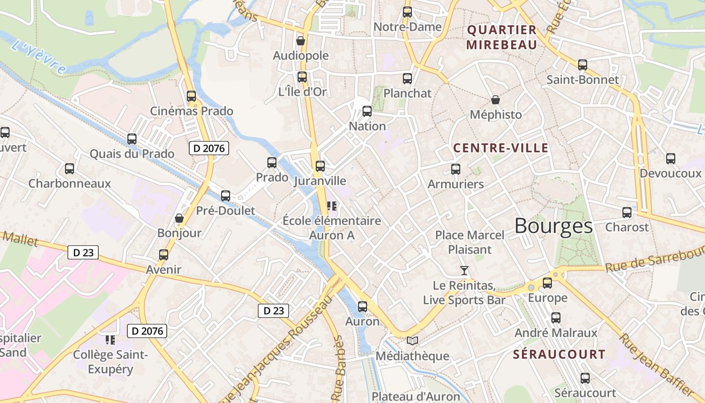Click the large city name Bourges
pos(553,226)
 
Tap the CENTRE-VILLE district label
pos(501,148)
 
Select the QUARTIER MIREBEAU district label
pos(502,37)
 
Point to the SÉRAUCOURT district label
pos(559,354)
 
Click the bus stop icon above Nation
pos(367,111)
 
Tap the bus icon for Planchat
pos(407,79)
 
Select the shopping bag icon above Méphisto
pos(496,100)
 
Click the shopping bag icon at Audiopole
pos(301,41)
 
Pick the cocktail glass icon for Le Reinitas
pos(464,271)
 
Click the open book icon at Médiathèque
pos(412,341)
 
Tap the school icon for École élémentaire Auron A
pos(331,206)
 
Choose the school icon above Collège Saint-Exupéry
pos(110,340)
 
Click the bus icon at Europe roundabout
pos(547,283)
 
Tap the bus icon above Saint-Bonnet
pos(583,65)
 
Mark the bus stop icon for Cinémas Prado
pos(191,96)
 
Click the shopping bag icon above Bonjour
pos(179,218)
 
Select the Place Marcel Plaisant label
pos(469,242)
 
